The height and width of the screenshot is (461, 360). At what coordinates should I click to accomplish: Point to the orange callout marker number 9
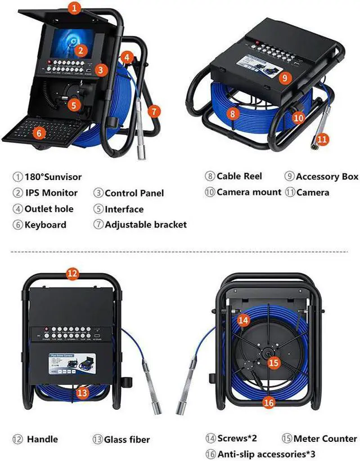[x=286, y=77]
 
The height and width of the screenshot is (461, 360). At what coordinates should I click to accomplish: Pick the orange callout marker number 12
[x=72, y=274]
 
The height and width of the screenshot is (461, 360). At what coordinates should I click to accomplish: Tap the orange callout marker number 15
[x=274, y=364]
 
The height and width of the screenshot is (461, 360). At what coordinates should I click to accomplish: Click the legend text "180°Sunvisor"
[x=53, y=177]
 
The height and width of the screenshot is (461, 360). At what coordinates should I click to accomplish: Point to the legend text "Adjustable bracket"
[x=146, y=225]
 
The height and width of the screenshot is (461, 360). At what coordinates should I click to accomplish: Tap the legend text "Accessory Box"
[x=327, y=177]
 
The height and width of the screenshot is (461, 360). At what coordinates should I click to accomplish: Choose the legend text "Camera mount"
[x=249, y=193]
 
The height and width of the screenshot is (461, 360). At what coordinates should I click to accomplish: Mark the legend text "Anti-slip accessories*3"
[x=264, y=453]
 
